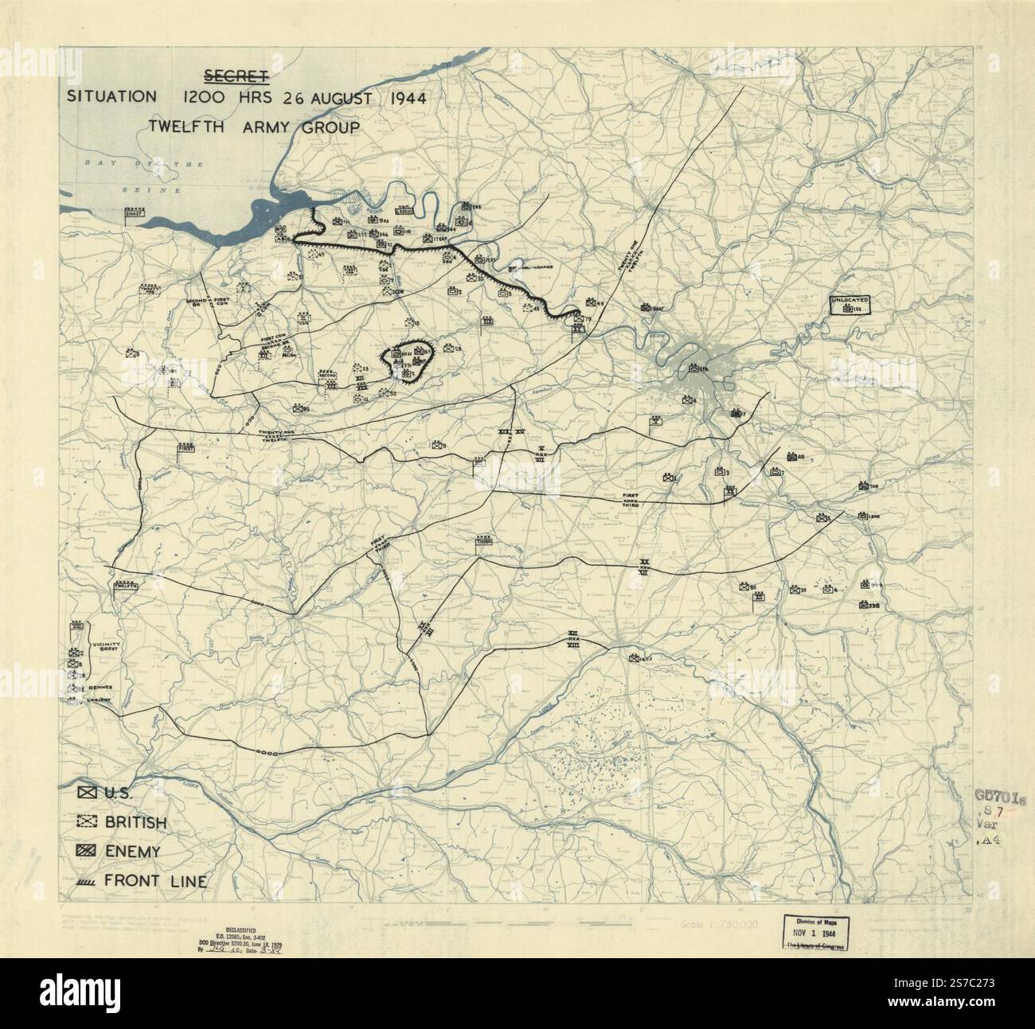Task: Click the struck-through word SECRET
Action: [x=235, y=76]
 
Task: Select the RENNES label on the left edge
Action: [x=100, y=687]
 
